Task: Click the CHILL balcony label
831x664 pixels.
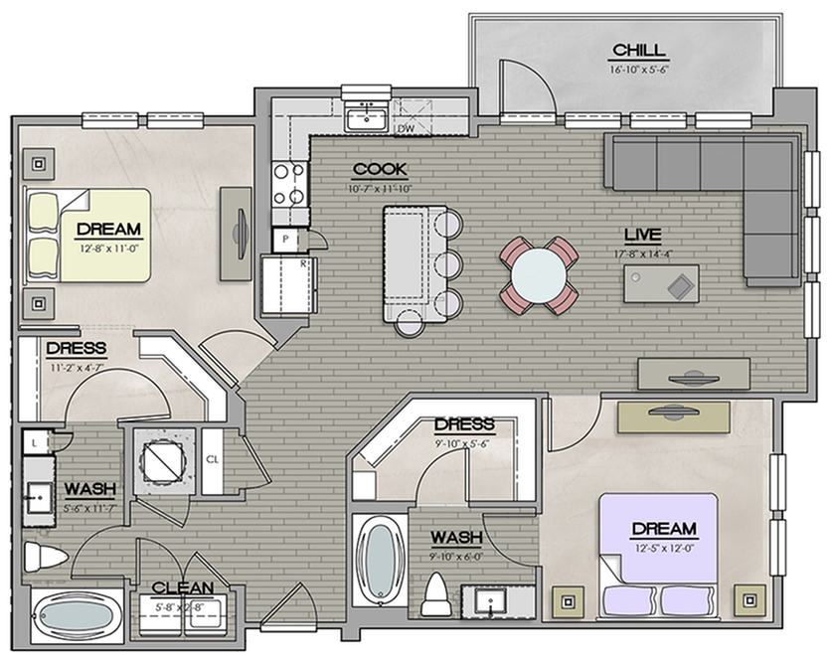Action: click(638, 51)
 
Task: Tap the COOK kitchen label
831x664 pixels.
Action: click(380, 170)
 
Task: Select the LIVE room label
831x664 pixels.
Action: click(642, 235)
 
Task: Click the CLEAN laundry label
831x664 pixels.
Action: click(183, 588)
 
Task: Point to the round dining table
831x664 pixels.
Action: click(539, 275)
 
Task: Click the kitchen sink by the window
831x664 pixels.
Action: click(367, 118)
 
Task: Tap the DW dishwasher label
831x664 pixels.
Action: click(406, 128)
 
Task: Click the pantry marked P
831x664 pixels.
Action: click(285, 240)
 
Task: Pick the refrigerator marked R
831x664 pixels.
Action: click(289, 285)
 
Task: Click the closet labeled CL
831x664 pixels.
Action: click(213, 460)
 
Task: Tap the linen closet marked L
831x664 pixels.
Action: click(35, 442)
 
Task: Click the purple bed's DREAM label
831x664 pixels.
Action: click(664, 529)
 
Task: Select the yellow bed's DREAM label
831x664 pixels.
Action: click(109, 230)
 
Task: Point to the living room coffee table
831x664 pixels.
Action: click(661, 283)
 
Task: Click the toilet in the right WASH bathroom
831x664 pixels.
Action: click(436, 594)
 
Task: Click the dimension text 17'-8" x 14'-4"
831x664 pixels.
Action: click(643, 253)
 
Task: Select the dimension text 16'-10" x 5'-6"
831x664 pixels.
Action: click(638, 69)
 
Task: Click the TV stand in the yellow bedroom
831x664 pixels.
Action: click(236, 234)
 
